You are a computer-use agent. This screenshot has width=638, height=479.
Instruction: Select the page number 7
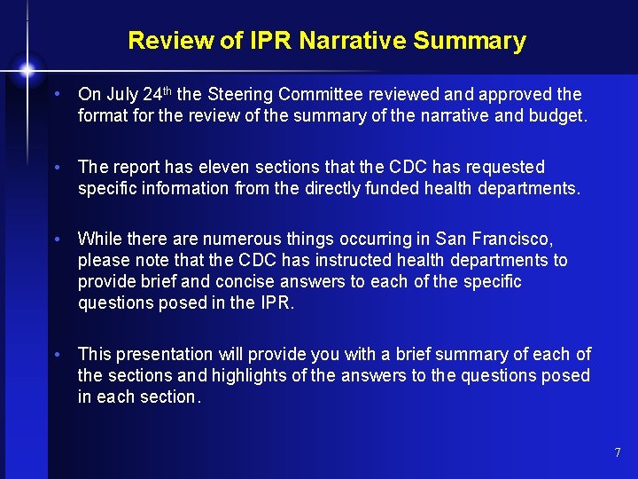618,453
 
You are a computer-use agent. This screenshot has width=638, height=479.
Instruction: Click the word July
121,94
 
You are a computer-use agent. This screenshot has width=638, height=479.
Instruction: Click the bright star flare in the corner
27,68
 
